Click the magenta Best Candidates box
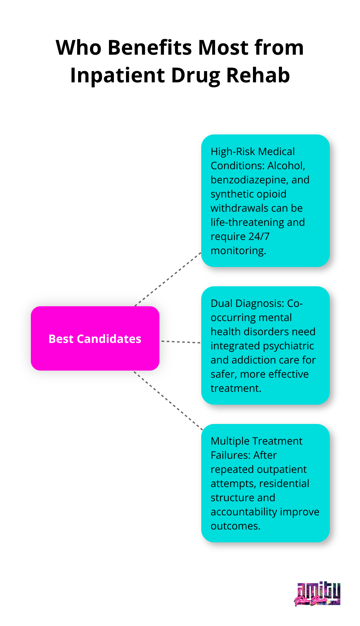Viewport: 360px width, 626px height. [x=95, y=338]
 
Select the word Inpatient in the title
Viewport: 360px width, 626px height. [x=117, y=76]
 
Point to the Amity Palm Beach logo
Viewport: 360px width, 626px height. [x=317, y=594]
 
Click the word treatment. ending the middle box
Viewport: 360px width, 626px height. [x=236, y=388]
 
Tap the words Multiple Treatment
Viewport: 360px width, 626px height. [x=256, y=441]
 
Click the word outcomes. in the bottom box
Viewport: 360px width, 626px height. [x=235, y=526]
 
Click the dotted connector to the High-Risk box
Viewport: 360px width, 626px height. [x=168, y=279]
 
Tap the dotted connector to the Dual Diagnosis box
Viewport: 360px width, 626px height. [x=181, y=342]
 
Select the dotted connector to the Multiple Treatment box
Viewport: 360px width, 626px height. [x=168, y=400]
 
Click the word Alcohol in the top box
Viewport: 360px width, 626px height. [x=286, y=166]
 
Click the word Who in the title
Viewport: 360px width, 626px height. [x=78, y=48]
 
